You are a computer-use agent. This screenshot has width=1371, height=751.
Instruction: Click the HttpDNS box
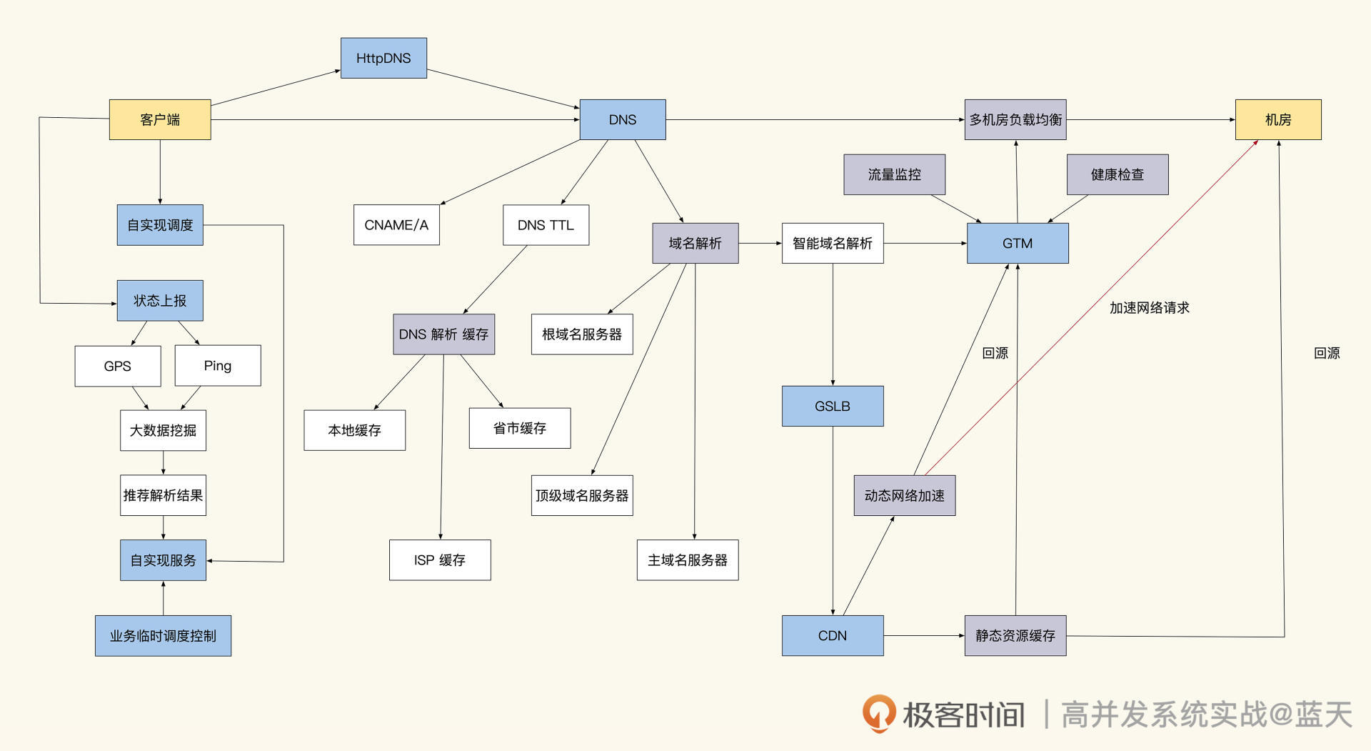click(x=383, y=58)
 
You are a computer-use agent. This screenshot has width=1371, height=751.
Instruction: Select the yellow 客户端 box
click(x=160, y=119)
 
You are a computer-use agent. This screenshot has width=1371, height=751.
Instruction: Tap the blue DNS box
click(x=622, y=119)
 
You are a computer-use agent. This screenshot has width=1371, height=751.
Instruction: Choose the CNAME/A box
click(x=396, y=225)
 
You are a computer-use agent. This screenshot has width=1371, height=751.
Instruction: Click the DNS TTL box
click(x=546, y=225)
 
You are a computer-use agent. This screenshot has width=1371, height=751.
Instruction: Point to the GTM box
click(x=1018, y=243)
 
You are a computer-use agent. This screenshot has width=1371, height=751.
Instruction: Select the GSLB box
click(x=833, y=406)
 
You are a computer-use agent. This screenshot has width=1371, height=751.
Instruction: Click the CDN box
click(x=833, y=635)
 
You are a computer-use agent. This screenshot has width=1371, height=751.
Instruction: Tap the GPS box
click(x=118, y=366)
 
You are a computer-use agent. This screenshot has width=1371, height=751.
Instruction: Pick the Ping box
click(x=218, y=366)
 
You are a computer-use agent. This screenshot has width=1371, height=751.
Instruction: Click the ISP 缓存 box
click(x=440, y=560)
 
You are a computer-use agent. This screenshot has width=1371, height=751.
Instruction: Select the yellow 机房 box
click(x=1278, y=119)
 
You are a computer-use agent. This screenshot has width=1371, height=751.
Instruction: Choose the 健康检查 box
click(x=1118, y=174)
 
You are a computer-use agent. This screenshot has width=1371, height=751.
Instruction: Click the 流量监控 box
click(x=894, y=174)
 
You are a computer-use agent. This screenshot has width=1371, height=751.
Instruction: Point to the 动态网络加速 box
click(x=905, y=495)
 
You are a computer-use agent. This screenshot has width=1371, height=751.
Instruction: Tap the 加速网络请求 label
click(x=1150, y=307)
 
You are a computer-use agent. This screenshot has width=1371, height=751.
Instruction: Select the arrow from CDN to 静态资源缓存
click(x=924, y=635)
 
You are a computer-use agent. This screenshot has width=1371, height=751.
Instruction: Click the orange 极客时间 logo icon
click(x=878, y=713)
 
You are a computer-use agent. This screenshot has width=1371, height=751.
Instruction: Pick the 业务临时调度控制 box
click(x=163, y=635)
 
